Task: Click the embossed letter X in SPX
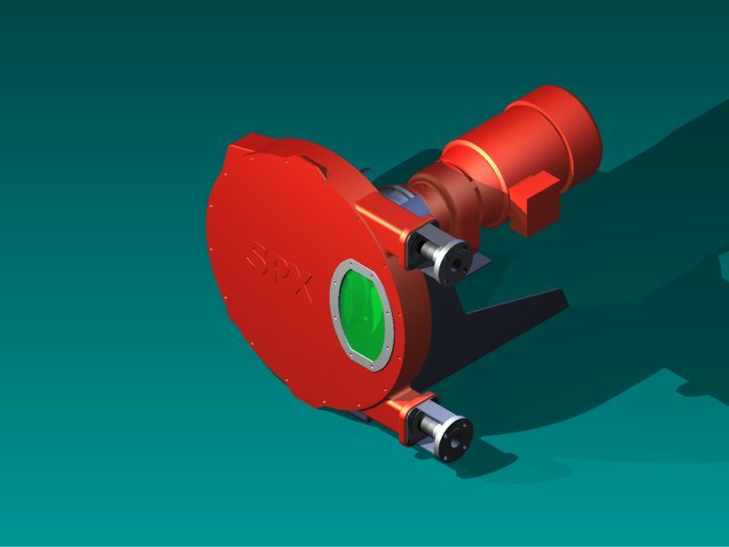302,289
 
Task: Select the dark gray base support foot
510,310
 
